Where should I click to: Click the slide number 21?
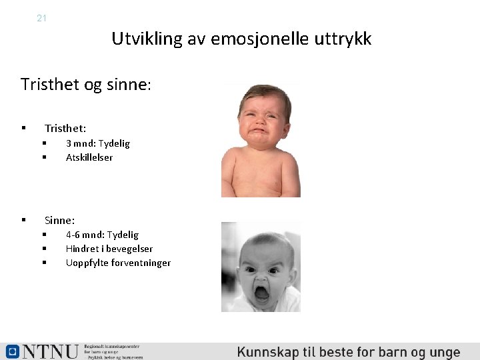(41, 18)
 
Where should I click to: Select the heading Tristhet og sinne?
(86, 85)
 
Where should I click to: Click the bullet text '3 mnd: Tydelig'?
(98, 143)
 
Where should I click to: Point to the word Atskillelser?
(89, 157)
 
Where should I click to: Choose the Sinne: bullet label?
(59, 220)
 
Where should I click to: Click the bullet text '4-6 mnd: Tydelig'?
(102, 235)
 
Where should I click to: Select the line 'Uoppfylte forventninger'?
(118, 263)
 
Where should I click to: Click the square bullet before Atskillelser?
(43, 157)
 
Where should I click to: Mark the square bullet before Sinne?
(23, 219)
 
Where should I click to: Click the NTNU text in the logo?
(50, 351)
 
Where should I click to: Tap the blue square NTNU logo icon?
(12, 351)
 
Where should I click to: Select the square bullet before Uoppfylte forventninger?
(43, 263)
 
